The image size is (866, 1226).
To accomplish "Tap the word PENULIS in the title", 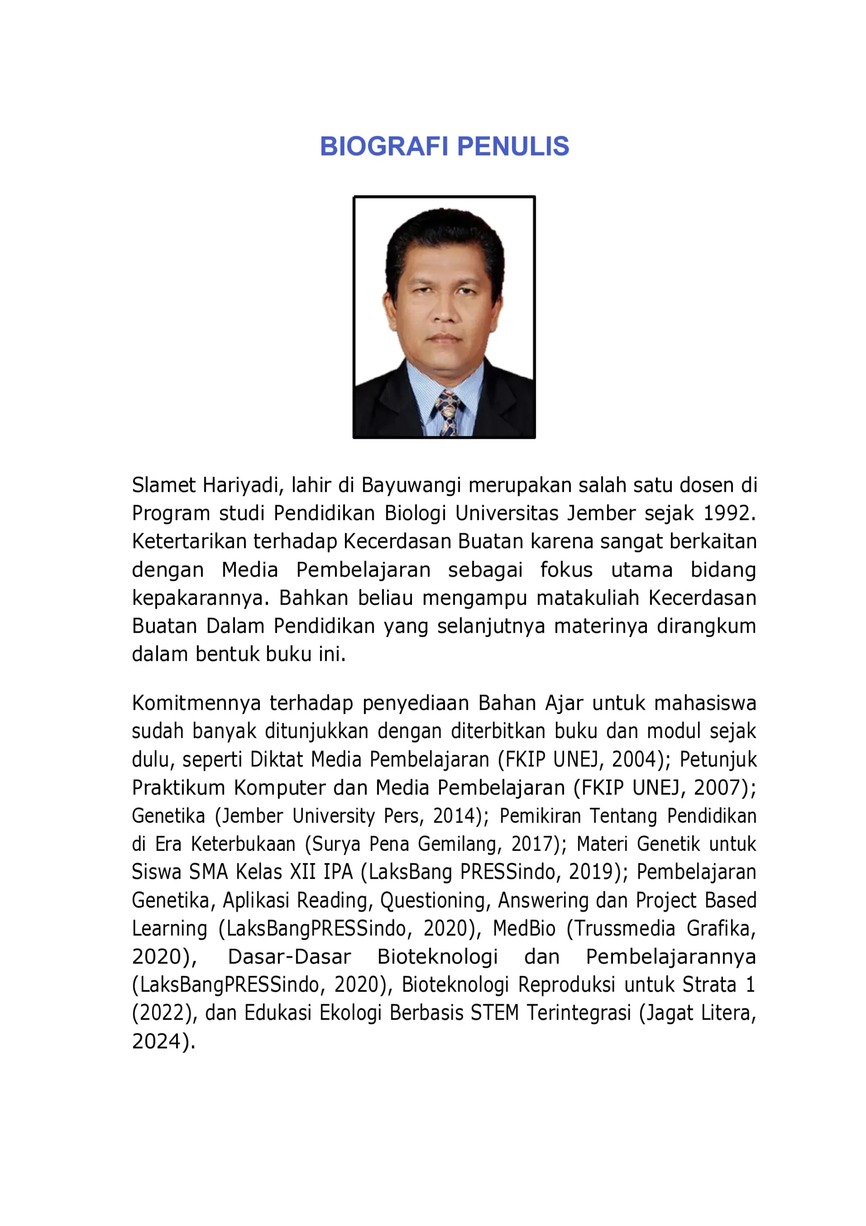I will [x=513, y=147].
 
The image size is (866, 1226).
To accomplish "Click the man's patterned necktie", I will [x=447, y=412].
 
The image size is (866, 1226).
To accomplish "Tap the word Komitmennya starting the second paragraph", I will [x=196, y=703].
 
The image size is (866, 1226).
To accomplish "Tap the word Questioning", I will [x=435, y=900].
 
